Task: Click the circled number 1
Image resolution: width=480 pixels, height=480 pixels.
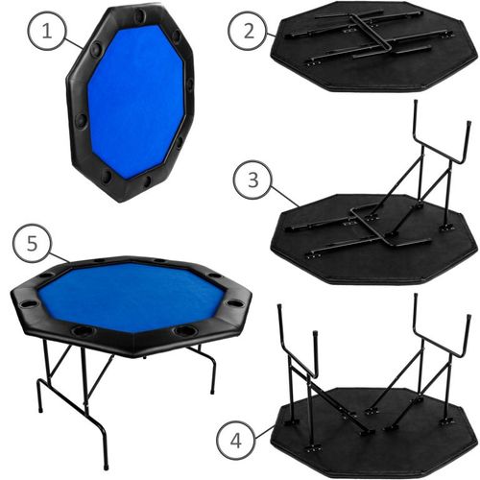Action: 47,32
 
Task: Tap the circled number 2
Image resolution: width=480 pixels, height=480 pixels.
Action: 247,31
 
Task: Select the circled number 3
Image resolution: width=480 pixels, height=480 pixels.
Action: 252,180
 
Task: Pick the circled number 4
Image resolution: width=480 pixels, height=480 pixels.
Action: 235,442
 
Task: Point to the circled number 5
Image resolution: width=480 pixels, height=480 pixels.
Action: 32,243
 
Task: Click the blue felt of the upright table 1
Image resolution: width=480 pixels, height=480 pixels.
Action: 136,99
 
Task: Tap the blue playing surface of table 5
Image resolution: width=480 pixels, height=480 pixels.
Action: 132,296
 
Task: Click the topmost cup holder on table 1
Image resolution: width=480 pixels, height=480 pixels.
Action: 140,14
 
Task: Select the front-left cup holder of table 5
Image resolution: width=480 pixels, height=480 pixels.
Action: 83,330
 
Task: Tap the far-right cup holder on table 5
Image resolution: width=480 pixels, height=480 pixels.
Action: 235,302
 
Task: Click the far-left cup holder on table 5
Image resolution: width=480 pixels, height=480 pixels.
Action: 28,302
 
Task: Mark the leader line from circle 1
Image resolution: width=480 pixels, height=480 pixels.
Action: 74,42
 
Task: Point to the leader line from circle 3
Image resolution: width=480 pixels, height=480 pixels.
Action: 285,197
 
